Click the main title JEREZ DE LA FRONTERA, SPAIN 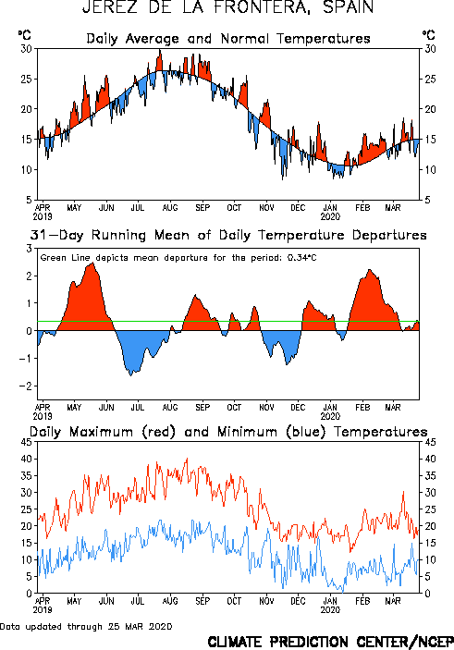click(227, 7)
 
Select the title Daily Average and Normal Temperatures click(228, 39)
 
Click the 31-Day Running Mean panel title click(228, 235)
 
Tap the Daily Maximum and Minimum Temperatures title click(228, 432)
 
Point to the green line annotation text click(178, 258)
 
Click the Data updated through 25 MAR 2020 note click(86, 626)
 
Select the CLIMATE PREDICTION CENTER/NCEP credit click(330, 642)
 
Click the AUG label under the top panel click(169, 208)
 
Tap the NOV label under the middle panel click(266, 408)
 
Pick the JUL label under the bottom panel click(137, 601)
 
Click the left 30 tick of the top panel click(27, 49)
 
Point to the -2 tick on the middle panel click(25, 386)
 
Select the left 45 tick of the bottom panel click(27, 442)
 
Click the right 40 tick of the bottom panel click(430, 459)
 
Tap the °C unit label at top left click(24, 35)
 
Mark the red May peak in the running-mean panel click(92, 263)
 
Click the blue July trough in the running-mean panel click(131, 375)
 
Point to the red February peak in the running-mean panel click(370, 270)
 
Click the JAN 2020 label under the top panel click(330, 212)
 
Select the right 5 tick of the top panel click(427, 200)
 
